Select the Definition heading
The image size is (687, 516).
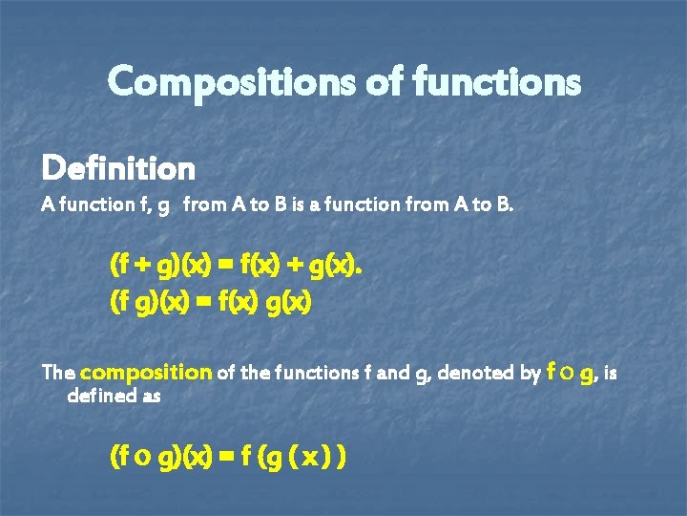point(118,169)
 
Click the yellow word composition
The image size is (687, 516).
point(146,373)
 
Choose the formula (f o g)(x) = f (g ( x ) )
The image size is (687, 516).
point(228,458)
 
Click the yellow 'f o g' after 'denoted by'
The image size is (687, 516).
point(571,372)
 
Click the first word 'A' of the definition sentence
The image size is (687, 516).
point(48,204)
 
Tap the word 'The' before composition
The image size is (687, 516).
point(58,373)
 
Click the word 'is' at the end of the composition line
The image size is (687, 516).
point(611,373)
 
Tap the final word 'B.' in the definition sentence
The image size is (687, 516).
point(504,204)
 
